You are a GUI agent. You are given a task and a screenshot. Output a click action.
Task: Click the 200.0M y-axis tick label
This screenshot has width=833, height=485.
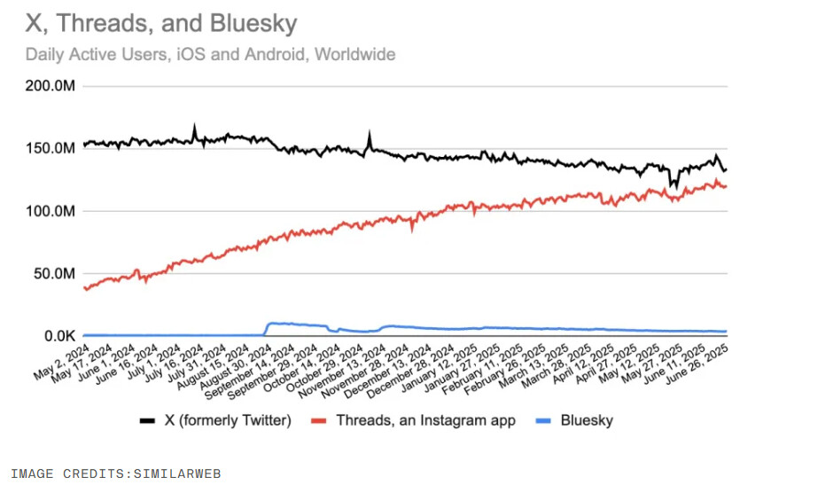tap(50, 86)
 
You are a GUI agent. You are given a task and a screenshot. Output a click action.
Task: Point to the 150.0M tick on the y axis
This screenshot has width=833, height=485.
tap(50, 148)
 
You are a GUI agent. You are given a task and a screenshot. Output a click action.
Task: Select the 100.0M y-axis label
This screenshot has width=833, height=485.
tap(50, 211)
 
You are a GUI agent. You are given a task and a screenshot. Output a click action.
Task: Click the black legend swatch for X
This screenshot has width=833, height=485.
tap(147, 420)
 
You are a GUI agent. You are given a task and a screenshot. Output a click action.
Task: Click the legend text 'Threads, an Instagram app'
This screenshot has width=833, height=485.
tap(413, 420)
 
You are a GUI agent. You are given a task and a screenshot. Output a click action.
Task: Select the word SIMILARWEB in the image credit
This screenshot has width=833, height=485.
tap(177, 474)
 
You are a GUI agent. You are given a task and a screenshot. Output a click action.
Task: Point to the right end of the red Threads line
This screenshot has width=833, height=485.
tap(727, 186)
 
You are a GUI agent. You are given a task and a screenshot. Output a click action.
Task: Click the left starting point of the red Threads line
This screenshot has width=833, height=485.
tap(84, 287)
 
